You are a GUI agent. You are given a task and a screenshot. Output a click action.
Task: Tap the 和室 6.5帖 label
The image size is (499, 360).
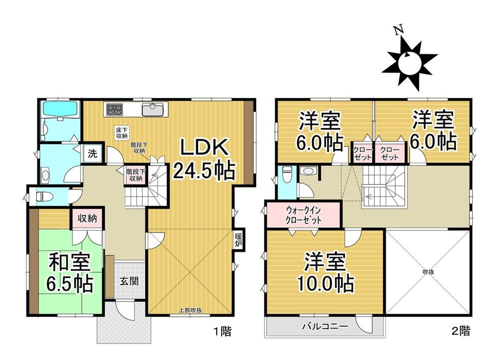click(x=70, y=273)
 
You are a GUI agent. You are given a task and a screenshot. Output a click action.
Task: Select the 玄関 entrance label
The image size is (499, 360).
click(x=129, y=281)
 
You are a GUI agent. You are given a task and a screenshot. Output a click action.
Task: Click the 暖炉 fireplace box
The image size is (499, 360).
click(x=239, y=240)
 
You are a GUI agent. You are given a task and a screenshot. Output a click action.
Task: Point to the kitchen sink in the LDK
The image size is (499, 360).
click(x=153, y=110)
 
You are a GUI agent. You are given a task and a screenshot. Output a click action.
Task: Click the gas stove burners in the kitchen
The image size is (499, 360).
click(x=114, y=110)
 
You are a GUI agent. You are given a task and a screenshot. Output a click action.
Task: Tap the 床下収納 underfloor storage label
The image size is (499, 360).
click(x=122, y=133)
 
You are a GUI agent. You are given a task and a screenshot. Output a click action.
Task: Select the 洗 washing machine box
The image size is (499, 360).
click(x=92, y=154)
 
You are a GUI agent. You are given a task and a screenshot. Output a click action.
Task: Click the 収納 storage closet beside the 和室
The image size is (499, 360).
click(x=87, y=218)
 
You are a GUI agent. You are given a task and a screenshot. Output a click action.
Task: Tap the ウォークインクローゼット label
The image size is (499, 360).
click(x=303, y=215)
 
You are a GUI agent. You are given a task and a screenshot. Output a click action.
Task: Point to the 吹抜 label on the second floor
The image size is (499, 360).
click(x=428, y=272)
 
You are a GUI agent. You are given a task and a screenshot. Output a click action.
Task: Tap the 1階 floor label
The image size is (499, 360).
click(x=222, y=332)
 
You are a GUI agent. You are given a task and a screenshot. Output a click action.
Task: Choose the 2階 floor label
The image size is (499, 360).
click(x=460, y=331)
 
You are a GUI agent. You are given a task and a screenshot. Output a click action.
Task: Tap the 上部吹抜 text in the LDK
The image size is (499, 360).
click(x=191, y=311)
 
